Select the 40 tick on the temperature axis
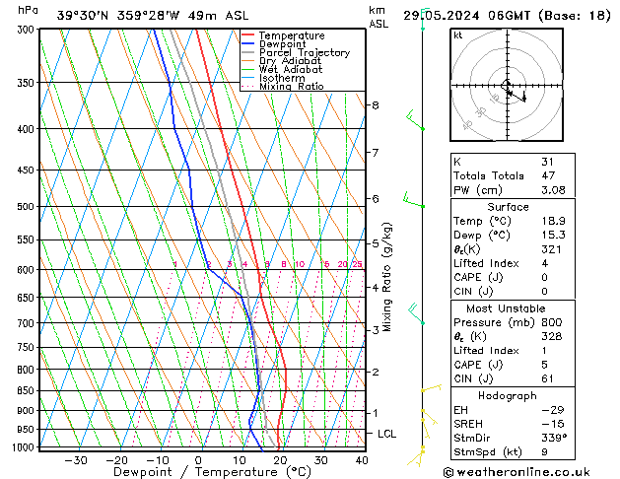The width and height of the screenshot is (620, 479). (362, 459)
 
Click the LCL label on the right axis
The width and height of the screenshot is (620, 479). (387, 434)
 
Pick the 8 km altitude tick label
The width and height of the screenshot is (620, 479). (375, 104)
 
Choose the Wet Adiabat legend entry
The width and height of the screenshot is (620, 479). (290, 70)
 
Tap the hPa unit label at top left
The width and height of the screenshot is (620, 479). (29, 10)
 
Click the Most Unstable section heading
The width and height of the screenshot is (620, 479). (508, 308)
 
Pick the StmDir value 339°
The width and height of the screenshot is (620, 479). (550, 439)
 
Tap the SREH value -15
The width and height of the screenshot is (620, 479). (546, 424)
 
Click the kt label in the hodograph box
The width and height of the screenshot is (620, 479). (457, 35)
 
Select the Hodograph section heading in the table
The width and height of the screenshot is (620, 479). (508, 395)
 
